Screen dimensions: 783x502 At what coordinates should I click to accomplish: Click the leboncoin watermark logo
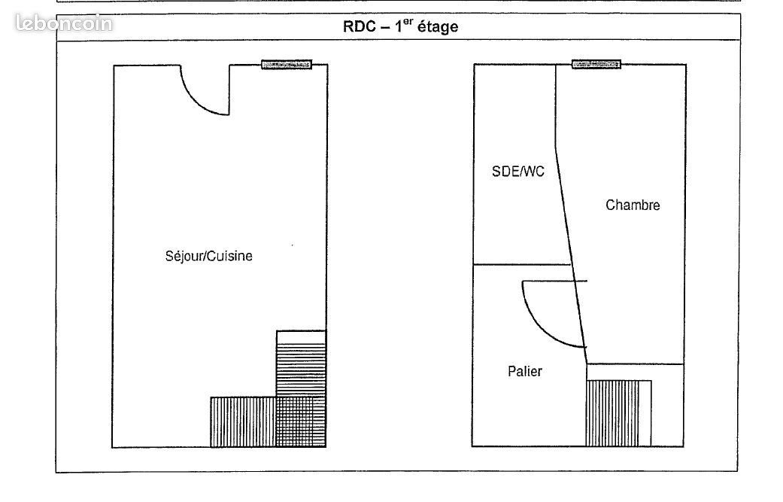click(x=64, y=23)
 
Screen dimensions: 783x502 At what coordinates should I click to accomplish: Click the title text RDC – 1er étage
click(x=400, y=26)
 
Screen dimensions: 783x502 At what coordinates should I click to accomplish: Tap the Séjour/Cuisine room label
click(x=209, y=256)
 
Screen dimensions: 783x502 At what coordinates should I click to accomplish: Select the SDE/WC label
click(x=517, y=172)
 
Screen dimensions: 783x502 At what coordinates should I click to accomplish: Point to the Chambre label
click(x=633, y=205)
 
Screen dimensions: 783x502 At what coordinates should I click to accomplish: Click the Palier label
click(x=525, y=371)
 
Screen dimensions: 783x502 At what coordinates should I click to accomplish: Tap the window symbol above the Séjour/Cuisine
click(x=287, y=65)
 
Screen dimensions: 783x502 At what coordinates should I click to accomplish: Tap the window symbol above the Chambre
click(x=596, y=64)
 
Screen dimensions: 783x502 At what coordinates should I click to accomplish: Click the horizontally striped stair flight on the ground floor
click(x=301, y=370)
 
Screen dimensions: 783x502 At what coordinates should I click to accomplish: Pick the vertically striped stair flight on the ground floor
click(x=243, y=421)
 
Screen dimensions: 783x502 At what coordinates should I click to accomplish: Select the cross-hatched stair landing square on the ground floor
click(x=301, y=421)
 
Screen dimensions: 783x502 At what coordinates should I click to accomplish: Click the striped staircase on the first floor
click(x=612, y=413)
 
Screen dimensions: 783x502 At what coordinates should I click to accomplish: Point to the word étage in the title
click(x=438, y=26)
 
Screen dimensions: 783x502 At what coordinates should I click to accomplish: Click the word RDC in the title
click(x=359, y=26)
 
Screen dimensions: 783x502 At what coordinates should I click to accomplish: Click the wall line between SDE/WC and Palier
click(x=522, y=264)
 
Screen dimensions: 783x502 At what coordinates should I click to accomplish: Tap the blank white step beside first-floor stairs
click(x=645, y=413)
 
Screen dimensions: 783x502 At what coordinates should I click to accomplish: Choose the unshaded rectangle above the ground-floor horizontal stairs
click(x=301, y=336)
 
